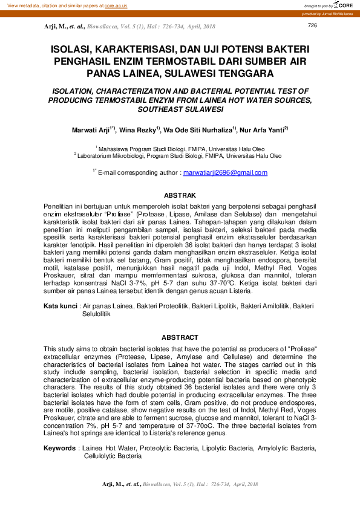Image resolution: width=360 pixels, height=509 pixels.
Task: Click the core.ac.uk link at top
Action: (116, 5)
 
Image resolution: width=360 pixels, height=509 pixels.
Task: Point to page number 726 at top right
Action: (312, 25)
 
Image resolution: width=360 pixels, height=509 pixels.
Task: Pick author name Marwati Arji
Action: (91, 130)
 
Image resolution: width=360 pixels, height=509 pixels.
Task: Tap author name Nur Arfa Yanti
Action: (264, 130)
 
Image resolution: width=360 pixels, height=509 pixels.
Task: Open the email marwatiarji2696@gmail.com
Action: (225, 172)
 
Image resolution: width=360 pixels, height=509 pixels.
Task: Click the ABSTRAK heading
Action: (180, 195)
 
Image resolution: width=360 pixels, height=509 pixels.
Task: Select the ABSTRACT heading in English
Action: (180, 337)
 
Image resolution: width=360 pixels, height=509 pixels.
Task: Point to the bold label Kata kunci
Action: (60, 306)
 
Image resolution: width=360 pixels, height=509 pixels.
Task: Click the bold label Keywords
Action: (60, 448)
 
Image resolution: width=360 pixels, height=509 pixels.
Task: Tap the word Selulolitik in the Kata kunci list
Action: (99, 314)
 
